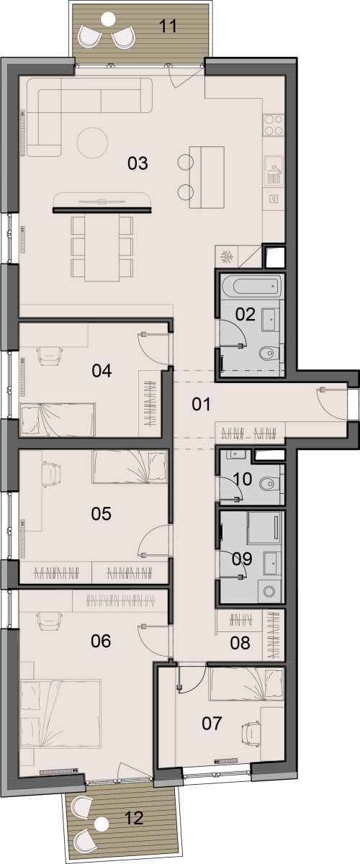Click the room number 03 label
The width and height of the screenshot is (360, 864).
[x=138, y=163]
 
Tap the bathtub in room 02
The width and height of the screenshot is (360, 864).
[x=251, y=287]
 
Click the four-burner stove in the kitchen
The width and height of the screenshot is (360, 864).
[x=273, y=125]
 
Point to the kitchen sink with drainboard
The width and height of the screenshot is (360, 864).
[x=274, y=170]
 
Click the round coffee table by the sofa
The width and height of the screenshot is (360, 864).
[x=92, y=143]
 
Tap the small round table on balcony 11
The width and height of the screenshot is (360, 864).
[x=108, y=18]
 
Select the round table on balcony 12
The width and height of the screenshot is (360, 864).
[x=102, y=824]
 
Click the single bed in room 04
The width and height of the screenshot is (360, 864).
[x=58, y=420]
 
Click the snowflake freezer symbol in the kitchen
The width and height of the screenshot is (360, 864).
[x=227, y=256]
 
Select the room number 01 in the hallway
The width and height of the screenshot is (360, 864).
[x=201, y=404]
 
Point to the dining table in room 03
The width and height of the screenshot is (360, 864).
[x=102, y=247]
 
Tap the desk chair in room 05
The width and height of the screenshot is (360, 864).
[x=51, y=474]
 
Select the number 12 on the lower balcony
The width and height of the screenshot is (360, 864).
[x=134, y=818]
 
